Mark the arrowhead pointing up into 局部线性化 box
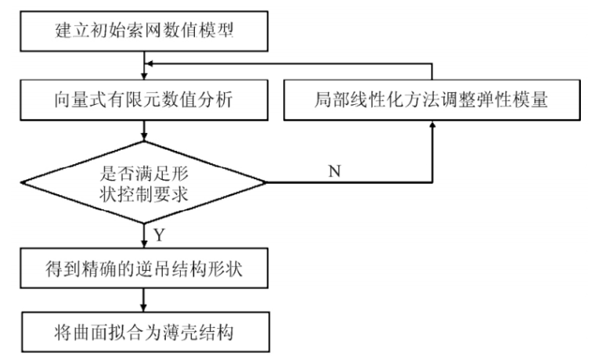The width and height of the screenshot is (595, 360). [431, 128]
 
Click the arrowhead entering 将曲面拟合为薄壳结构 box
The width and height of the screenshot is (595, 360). [144, 312]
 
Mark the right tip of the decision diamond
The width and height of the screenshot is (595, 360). [266, 183]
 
